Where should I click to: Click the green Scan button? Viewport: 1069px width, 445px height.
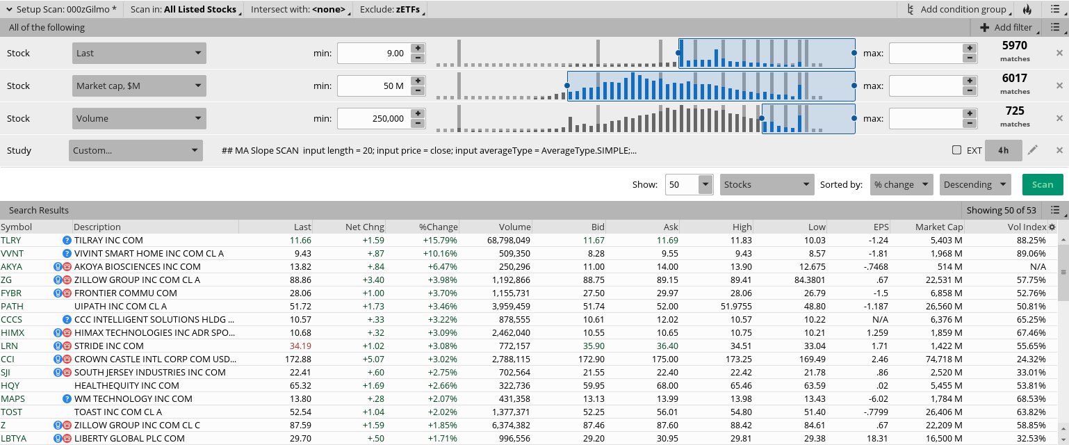coord(1042,184)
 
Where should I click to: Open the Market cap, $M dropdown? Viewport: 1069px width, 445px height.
coord(139,86)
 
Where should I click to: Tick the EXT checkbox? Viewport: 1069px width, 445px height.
coord(956,150)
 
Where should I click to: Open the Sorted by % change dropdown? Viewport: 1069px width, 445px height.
coord(901,184)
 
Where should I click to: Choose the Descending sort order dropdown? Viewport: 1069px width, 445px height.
coord(974,184)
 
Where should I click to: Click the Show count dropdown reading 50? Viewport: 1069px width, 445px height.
coord(689,184)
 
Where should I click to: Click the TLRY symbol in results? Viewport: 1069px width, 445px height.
coord(11,240)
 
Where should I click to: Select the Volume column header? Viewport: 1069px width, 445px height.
coord(514,227)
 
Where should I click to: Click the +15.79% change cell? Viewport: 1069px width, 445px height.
coord(438,240)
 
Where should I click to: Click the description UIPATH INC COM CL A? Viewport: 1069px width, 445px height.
coord(120,306)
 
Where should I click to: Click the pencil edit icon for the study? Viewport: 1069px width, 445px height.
coord(1033,150)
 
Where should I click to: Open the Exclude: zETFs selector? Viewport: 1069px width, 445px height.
coord(390,9)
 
